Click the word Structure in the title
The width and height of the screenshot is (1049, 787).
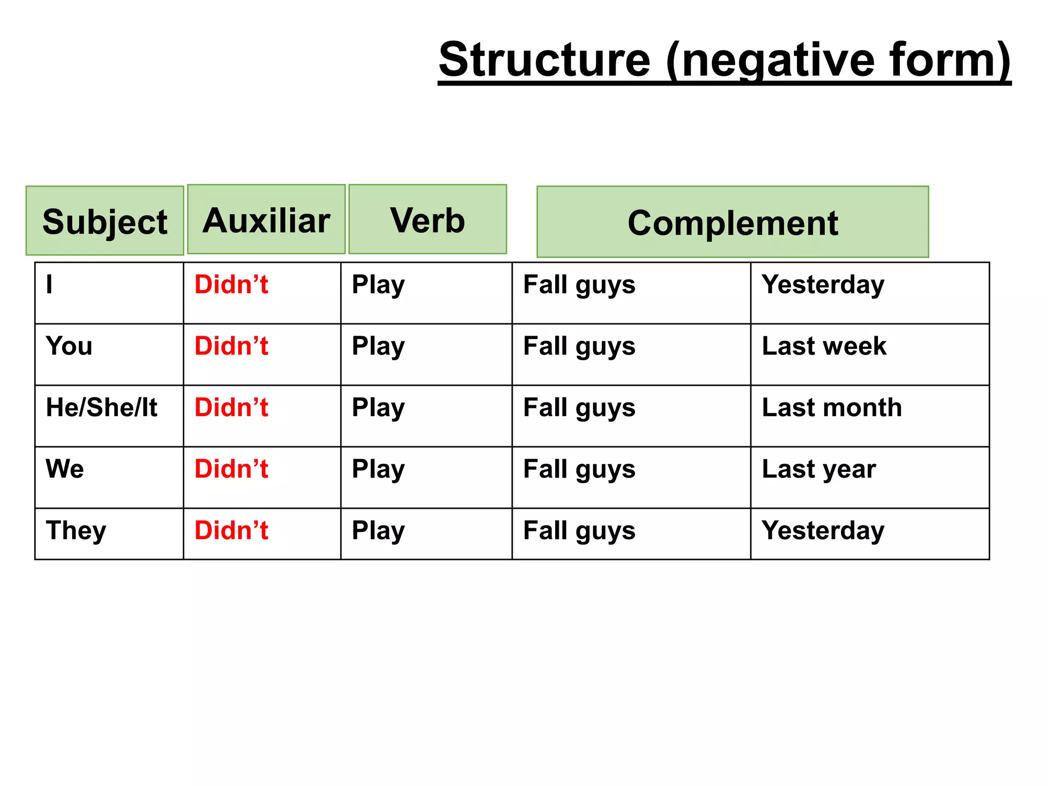pyautogui.click(x=544, y=60)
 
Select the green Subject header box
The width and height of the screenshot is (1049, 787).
pyautogui.click(x=105, y=221)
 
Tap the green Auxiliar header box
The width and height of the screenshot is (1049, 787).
pyautogui.click(x=266, y=219)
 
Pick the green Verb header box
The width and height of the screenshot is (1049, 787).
pyautogui.click(x=428, y=219)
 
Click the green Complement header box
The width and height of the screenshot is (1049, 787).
pyautogui.click(x=732, y=222)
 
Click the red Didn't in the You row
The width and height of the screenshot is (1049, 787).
pyautogui.click(x=232, y=346)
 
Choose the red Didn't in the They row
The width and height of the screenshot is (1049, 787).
pyautogui.click(x=232, y=531)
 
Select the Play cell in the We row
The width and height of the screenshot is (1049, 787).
pyautogui.click(x=378, y=469)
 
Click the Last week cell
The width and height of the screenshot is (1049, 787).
pyautogui.click(x=824, y=346)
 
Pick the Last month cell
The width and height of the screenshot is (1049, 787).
pyautogui.click(x=832, y=408)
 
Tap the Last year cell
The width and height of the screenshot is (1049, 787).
pyautogui.click(x=819, y=469)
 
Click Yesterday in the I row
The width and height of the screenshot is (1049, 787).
pyautogui.click(x=823, y=285)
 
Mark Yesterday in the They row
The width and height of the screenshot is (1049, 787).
pyautogui.click(x=823, y=531)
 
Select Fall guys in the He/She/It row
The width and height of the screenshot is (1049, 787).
pyautogui.click(x=579, y=408)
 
